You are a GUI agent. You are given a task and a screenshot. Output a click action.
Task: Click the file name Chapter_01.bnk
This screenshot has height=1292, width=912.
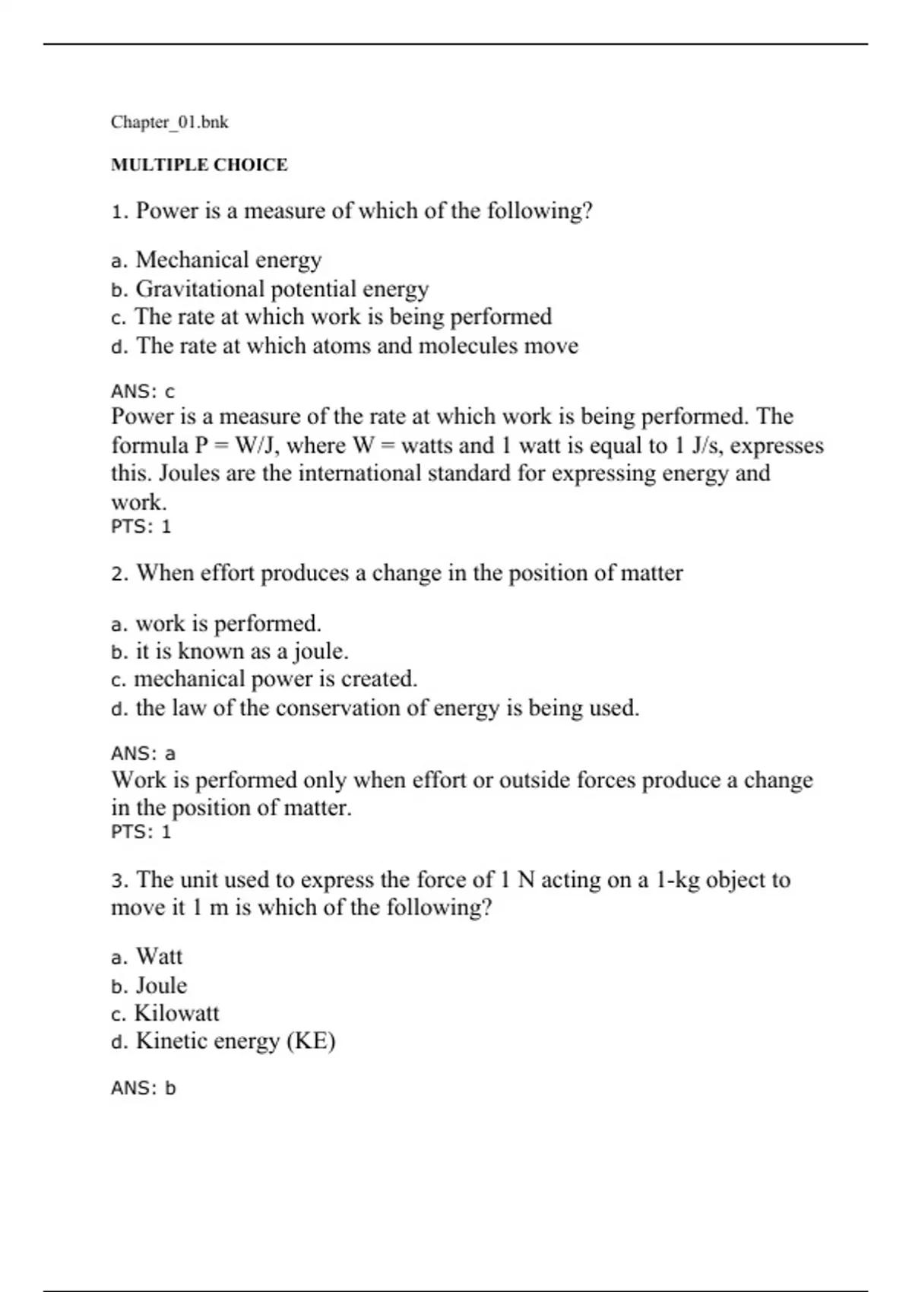(x=169, y=122)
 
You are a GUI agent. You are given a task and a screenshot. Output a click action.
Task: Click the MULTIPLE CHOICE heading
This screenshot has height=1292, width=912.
(x=199, y=165)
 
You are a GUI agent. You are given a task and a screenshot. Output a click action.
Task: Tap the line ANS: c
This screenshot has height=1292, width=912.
(x=143, y=392)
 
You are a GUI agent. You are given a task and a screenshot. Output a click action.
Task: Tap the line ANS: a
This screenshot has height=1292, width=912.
(x=143, y=754)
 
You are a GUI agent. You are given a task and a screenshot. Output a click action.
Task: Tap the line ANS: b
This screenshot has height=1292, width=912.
(x=143, y=1088)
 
